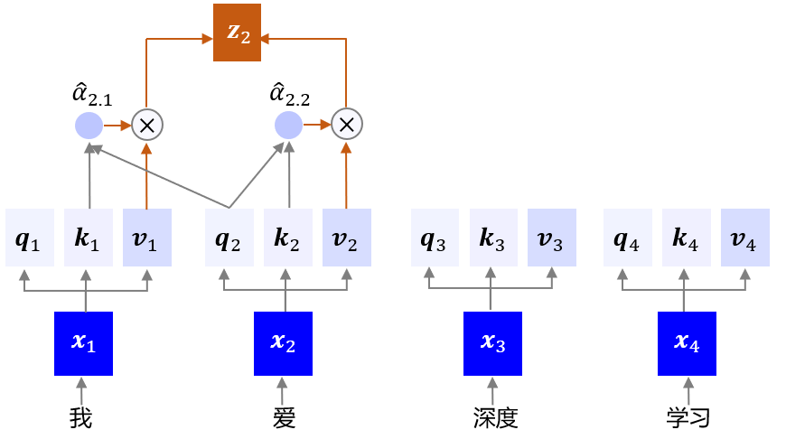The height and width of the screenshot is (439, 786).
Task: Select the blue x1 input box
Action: [x=83, y=343]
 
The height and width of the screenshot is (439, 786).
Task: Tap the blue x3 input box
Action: [x=493, y=343]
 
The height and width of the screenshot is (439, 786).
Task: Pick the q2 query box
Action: [x=229, y=238]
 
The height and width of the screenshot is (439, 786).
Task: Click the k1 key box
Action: [x=89, y=238]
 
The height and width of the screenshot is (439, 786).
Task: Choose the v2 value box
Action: [x=347, y=238]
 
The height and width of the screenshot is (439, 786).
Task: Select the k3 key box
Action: [x=493, y=238]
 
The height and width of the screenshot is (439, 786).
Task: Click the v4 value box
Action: [x=745, y=238]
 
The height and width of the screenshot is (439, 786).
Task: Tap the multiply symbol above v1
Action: [x=146, y=126]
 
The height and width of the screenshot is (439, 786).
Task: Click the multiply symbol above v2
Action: [x=346, y=125]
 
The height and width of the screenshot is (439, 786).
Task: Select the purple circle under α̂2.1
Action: [x=89, y=126]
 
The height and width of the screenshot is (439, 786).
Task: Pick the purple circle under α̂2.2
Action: [x=288, y=125]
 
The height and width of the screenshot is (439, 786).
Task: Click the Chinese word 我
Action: [x=81, y=418]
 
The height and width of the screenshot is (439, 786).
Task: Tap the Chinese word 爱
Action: [x=285, y=418]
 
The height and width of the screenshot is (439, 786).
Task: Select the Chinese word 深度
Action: [x=495, y=418]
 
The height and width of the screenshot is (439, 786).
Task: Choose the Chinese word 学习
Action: [x=688, y=418]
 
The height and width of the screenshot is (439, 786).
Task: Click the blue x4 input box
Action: [x=687, y=343]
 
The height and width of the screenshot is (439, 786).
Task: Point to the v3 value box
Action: [x=552, y=238]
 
